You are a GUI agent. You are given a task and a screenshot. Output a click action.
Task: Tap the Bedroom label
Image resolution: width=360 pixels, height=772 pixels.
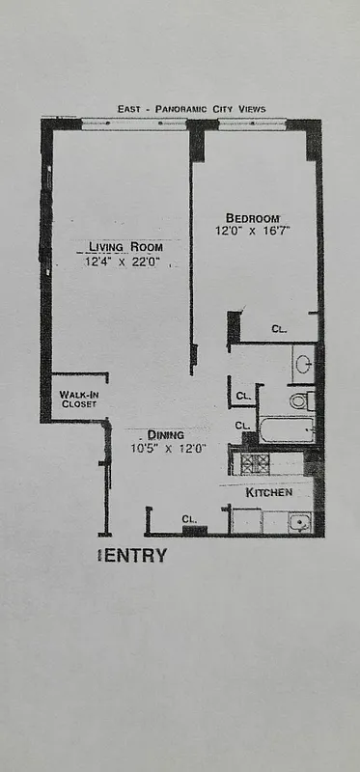pyautogui.click(x=253, y=216)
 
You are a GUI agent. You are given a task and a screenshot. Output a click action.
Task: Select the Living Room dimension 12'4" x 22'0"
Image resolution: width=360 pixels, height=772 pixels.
pyautogui.click(x=124, y=262)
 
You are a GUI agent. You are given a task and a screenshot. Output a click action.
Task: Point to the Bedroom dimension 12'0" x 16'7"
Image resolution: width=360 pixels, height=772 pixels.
pyautogui.click(x=253, y=231)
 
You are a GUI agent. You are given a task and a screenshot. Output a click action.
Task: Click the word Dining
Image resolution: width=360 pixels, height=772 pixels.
pyautogui.click(x=167, y=434)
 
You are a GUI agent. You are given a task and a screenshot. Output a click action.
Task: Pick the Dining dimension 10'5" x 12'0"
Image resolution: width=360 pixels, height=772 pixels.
pyautogui.click(x=168, y=448)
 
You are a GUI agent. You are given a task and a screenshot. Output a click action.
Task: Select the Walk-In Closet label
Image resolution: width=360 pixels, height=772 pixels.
pyautogui.click(x=78, y=399)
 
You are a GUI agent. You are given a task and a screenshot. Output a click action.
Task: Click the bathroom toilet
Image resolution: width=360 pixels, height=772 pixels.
pyautogui.click(x=301, y=400)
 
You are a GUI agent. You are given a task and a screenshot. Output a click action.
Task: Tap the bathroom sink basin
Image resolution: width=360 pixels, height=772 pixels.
pyautogui.click(x=303, y=365)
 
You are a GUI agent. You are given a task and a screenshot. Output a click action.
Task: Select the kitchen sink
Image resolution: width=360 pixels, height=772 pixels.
pyautogui.click(x=299, y=522)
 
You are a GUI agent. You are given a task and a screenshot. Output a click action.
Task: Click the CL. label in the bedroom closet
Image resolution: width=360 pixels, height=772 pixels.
pyautogui.click(x=279, y=329)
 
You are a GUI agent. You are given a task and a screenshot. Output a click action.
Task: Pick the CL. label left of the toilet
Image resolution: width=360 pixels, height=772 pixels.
pyautogui.click(x=244, y=396)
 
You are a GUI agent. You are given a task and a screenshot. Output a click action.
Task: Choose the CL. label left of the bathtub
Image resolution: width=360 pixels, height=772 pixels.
pyautogui.click(x=243, y=425)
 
